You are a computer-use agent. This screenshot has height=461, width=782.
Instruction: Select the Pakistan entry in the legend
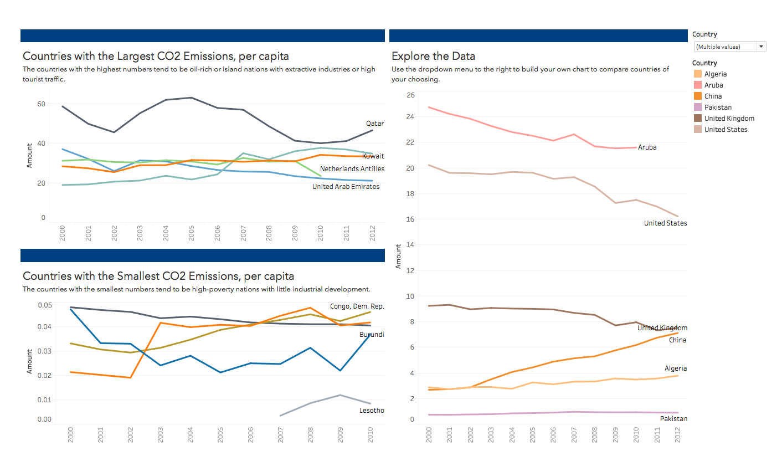(718, 107)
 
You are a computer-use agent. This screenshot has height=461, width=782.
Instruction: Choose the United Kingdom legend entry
(729, 119)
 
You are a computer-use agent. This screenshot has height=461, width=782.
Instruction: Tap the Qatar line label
(375, 124)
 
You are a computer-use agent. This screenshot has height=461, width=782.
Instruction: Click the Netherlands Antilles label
(352, 169)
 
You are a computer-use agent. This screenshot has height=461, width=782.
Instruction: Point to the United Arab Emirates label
(346, 187)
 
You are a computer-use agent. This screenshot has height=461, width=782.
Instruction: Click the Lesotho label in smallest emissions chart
(372, 411)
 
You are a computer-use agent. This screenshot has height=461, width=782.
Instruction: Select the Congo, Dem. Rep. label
(357, 306)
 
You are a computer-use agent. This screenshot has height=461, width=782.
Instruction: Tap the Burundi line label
(372, 335)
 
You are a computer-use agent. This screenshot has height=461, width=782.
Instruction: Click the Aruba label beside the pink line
(647, 147)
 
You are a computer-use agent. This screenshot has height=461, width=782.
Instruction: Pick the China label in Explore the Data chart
(677, 340)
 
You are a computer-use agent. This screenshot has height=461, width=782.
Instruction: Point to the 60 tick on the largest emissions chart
(41, 104)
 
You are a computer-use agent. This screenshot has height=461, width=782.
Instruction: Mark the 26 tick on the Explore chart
(410, 95)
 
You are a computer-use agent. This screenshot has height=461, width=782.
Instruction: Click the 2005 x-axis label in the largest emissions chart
(192, 232)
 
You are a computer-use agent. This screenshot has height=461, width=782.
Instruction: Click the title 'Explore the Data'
(433, 56)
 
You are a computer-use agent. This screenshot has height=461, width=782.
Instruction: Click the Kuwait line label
(373, 156)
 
